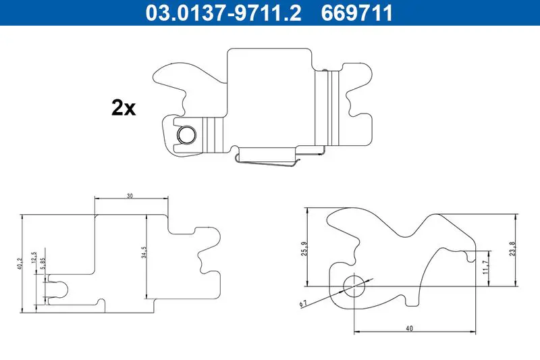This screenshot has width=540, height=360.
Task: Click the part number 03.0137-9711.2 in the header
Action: [223, 13]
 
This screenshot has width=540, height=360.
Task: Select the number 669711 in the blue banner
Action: [357, 13]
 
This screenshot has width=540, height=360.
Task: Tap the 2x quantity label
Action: [124, 108]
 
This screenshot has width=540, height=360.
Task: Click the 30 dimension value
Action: [130, 196]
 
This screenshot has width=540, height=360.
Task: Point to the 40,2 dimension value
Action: [20, 263]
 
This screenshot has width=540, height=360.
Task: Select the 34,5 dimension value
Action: [144, 253]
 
